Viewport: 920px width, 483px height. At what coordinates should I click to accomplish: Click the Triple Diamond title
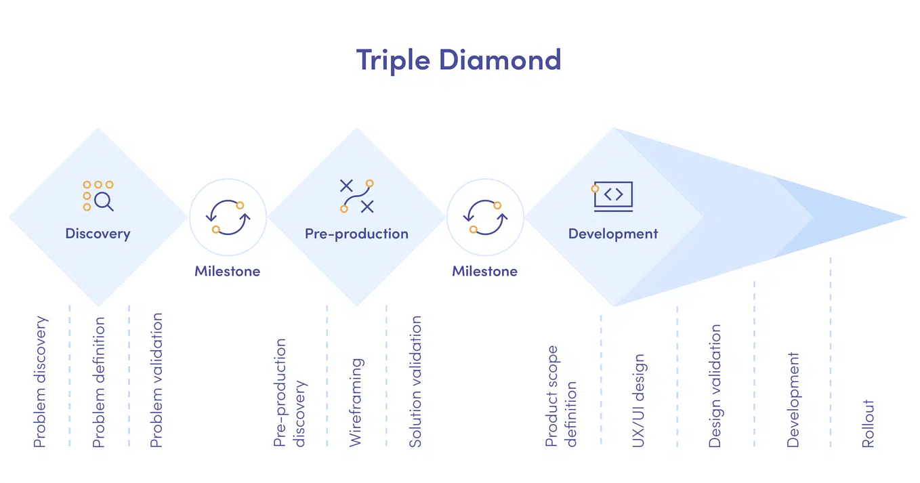(x=459, y=60)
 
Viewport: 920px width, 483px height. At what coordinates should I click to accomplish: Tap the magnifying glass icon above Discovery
(x=98, y=196)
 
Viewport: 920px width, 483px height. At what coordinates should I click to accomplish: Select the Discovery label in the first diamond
(x=98, y=234)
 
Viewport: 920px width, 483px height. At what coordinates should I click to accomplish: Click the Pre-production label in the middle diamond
(x=356, y=234)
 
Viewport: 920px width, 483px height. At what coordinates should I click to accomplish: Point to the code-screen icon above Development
(x=612, y=196)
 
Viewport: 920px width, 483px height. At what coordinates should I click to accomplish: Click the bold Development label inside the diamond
(x=612, y=234)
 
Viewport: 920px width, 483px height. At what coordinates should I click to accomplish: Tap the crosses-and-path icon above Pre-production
(x=356, y=196)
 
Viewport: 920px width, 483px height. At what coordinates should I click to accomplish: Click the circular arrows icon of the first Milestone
(x=228, y=217)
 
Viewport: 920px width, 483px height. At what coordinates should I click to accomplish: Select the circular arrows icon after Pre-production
(x=485, y=217)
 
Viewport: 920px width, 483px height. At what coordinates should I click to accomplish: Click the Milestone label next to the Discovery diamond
(x=228, y=271)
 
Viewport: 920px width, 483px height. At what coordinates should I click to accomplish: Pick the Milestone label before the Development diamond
(x=485, y=271)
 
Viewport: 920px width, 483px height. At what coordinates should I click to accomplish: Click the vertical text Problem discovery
(x=41, y=381)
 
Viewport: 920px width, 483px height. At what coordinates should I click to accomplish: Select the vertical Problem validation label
(x=156, y=379)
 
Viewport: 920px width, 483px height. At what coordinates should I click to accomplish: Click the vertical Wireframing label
(x=356, y=402)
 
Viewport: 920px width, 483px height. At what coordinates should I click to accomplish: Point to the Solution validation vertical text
(x=415, y=381)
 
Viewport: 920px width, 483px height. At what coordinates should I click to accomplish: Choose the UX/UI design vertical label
(x=638, y=400)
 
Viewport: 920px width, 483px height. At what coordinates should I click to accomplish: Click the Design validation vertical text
(x=715, y=386)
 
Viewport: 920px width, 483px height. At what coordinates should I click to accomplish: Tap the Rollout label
(x=868, y=423)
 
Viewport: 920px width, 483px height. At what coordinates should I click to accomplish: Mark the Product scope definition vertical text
(x=561, y=396)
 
